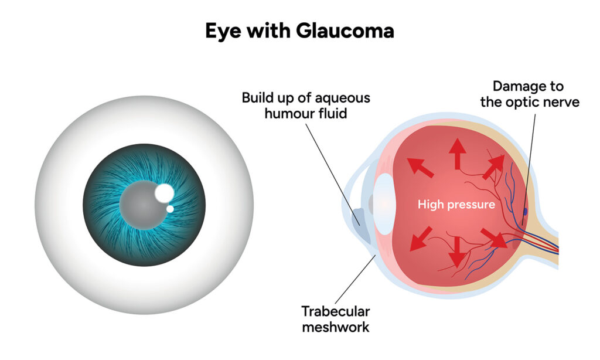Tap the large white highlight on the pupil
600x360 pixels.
pos(164,192)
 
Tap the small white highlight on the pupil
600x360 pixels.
pos(170,209)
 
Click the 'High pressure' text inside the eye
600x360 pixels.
pos(456,205)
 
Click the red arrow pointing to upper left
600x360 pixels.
pos(421,167)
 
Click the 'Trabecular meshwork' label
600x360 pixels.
pos(335,319)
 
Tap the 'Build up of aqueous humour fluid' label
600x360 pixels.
pos(305,105)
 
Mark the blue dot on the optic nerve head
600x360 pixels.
pos(525,210)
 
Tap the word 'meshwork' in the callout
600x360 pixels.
pos(335,327)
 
